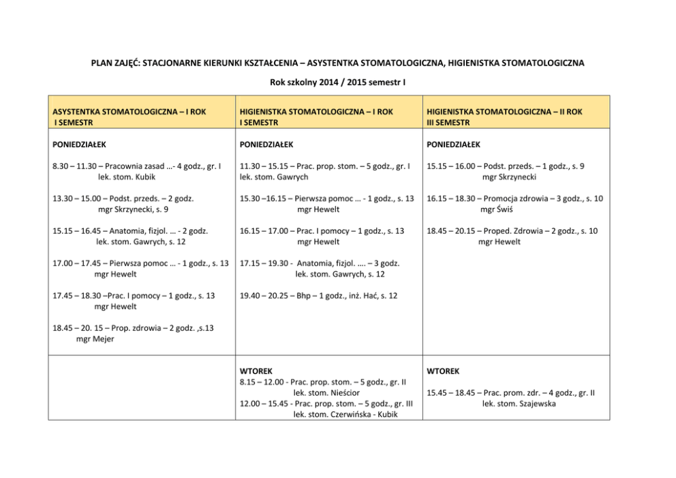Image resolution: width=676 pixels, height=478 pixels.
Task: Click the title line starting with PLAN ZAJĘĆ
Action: point(337,63)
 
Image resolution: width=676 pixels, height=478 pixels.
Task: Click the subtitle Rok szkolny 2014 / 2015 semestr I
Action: point(337,84)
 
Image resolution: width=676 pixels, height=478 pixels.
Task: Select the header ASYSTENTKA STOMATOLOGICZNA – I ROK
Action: point(129,111)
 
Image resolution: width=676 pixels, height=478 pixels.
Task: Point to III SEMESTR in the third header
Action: point(448,122)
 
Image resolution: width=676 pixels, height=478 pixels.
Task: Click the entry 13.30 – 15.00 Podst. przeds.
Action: point(123,198)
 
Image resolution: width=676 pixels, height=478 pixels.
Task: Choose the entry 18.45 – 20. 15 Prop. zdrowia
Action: point(133,328)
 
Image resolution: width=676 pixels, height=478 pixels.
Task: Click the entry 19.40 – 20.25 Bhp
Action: point(318,295)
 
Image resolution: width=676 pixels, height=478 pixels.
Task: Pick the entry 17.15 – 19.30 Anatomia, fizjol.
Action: point(320,263)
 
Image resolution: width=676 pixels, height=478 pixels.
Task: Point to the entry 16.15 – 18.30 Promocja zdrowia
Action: point(514,198)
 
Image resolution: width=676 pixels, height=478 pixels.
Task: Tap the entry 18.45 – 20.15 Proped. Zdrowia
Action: point(512,231)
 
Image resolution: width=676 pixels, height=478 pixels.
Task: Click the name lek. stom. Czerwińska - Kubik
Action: point(345,415)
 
